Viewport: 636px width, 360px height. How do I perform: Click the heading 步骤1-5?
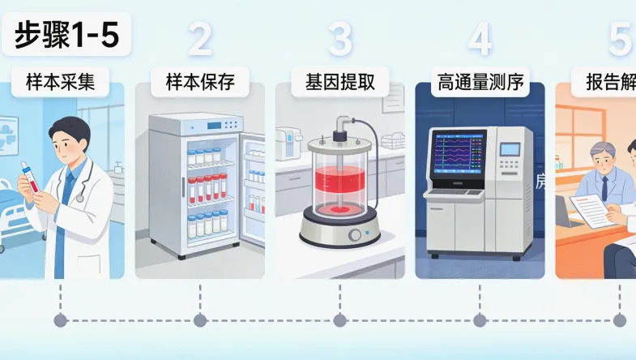tap(66, 36)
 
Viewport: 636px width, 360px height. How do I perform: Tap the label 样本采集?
tap(61, 83)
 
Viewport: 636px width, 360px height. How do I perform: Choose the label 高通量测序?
tap(480, 83)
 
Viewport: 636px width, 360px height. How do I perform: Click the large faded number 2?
tap(199, 39)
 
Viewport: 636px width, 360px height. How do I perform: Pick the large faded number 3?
tap(340, 39)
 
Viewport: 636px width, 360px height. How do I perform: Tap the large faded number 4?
tap(480, 39)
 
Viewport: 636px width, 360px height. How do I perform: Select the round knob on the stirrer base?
tap(355, 235)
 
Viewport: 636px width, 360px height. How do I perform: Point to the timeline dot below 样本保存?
tap(199, 321)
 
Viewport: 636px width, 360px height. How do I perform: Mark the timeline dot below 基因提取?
tap(340, 321)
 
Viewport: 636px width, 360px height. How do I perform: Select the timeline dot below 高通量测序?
tap(480, 321)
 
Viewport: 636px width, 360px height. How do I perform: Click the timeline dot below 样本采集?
tap(61, 321)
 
